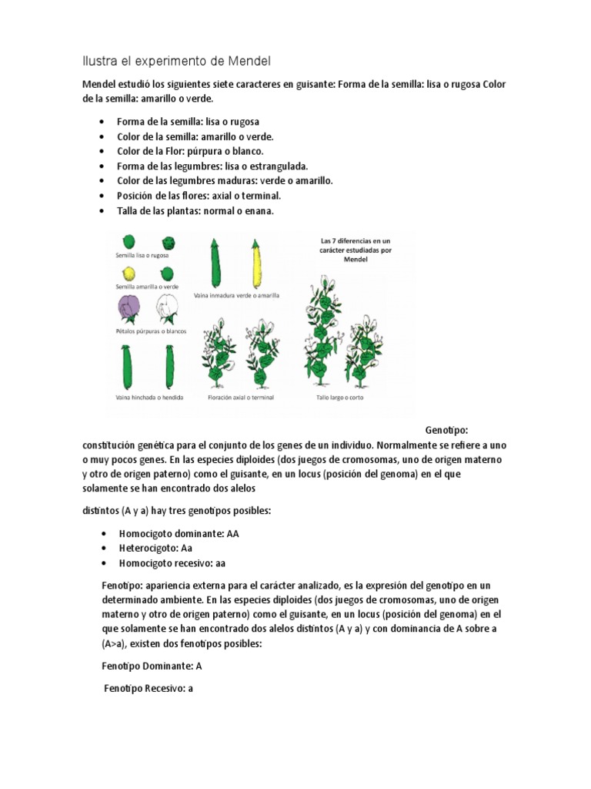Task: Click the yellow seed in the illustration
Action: pos(129,274)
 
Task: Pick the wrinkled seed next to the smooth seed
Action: pos(167,242)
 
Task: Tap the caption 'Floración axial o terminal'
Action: pos(241,397)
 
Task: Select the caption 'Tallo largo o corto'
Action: pos(340,397)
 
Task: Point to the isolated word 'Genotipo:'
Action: pos(446,429)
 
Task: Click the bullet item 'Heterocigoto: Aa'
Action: pos(155,548)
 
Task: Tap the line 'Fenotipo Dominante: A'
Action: pos(152,666)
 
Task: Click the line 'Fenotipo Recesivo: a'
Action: pos(148,689)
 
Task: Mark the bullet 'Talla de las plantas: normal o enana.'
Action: pos(195,210)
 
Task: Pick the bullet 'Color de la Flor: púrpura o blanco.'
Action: pos(190,151)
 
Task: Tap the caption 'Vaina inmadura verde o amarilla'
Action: pos(236,295)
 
